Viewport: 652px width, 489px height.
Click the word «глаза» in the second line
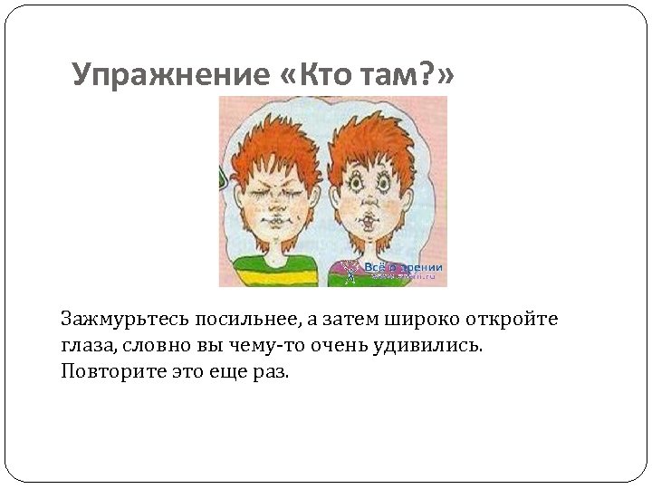tap(86, 345)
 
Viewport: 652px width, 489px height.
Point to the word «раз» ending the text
tap(273, 371)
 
